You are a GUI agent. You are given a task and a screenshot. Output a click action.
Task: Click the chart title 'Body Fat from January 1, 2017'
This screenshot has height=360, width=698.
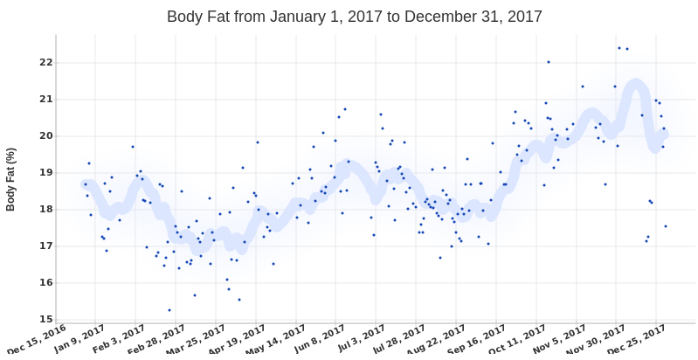point(354,17)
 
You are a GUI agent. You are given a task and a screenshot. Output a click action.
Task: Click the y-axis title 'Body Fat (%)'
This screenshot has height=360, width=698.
point(11,179)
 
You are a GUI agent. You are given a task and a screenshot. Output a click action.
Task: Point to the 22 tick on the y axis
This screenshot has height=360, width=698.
point(46,62)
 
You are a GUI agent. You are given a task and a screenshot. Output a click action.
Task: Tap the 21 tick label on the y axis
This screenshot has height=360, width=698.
point(46,99)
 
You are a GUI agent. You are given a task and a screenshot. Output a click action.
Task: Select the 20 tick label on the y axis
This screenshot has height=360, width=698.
point(46,135)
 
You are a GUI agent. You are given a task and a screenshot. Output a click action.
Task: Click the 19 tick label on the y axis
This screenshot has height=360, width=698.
point(46,172)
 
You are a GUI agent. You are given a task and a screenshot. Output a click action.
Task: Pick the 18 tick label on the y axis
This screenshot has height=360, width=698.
point(46,209)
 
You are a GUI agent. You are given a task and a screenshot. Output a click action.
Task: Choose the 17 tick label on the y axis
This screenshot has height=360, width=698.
point(46,246)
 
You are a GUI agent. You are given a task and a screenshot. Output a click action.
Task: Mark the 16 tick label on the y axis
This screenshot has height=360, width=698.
point(46,282)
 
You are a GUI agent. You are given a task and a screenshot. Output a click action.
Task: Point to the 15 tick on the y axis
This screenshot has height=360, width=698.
point(46,319)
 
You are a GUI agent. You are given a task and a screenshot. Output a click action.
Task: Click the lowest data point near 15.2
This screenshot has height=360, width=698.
point(169,309)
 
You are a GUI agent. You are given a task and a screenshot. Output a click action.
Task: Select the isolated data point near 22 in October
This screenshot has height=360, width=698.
point(549,62)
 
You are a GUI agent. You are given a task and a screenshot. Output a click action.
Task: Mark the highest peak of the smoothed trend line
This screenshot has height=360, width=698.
point(636,85)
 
